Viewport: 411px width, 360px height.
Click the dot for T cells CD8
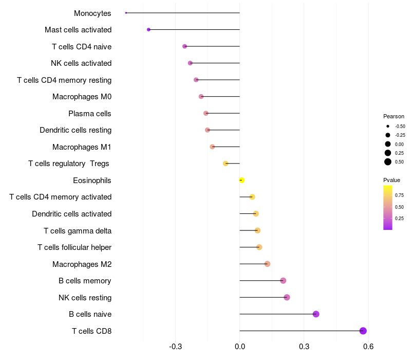coord(363,331)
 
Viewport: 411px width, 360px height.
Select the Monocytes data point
coord(126,13)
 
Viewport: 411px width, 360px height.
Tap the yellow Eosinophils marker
coord(241,180)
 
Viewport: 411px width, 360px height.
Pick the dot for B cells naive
coord(316,314)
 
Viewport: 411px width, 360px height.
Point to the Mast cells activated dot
coord(148,30)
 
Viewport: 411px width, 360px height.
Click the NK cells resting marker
coord(287,297)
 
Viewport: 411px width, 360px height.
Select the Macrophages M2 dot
coord(267,264)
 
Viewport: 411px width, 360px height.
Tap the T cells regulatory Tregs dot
coord(226,164)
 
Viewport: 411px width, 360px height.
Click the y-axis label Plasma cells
coord(90,113)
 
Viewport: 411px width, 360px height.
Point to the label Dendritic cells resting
coord(76,130)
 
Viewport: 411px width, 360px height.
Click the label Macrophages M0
coord(82,97)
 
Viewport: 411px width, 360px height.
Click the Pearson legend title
coord(394,116)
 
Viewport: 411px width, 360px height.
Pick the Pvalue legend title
coord(391,180)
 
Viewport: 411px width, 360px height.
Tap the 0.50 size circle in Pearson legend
coord(388,162)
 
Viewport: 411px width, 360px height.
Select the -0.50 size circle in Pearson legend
coord(388,126)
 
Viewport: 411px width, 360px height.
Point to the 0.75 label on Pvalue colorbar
coord(399,195)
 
